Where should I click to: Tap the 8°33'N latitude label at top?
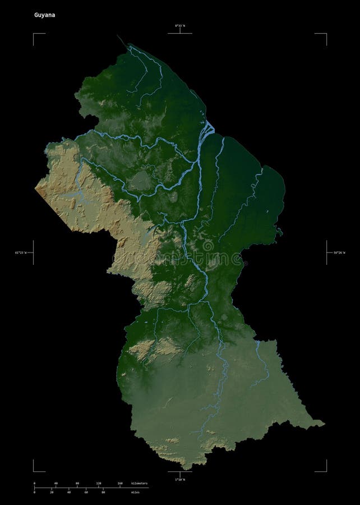pos(179,26)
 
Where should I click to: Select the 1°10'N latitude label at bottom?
pos(179,480)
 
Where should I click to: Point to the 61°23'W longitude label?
pos(24,253)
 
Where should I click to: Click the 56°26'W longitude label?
pos(337,253)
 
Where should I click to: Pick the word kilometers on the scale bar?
pos(140,483)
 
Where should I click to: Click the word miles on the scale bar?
pos(135,492)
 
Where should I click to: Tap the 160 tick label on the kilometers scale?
pos(120,483)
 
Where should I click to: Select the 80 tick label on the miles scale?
pos(103,492)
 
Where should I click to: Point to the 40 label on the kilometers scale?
pos(56,483)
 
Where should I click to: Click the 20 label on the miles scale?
pos(52,492)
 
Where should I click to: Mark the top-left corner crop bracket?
pos(35,35)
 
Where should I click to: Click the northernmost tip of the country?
pos(118,37)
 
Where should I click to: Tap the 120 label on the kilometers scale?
pos(98,483)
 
